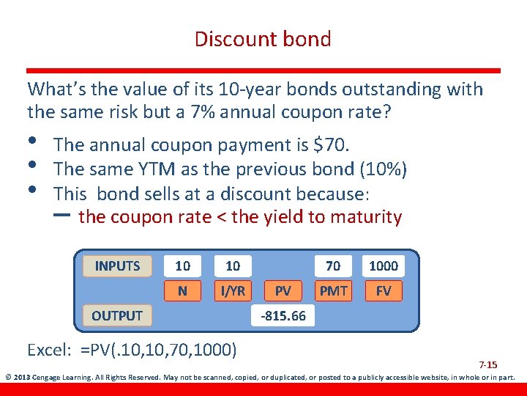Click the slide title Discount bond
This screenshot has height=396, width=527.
pyautogui.click(x=263, y=39)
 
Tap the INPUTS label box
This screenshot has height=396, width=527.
pyautogui.click(x=117, y=265)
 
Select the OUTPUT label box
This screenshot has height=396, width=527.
pyautogui.click(x=117, y=316)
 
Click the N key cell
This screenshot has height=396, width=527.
pyautogui.click(x=182, y=291)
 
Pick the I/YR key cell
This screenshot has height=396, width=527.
pyautogui.click(x=233, y=291)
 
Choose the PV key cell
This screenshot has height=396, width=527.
pyautogui.click(x=283, y=291)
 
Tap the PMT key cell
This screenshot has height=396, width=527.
pyautogui.click(x=333, y=291)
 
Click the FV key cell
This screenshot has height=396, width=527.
pyautogui.click(x=384, y=291)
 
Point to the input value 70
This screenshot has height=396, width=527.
pyautogui.click(x=333, y=265)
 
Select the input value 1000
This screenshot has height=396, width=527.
pyautogui.click(x=384, y=265)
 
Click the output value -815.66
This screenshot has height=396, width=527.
pyautogui.click(x=283, y=316)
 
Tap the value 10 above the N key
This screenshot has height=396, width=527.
pyautogui.click(x=182, y=265)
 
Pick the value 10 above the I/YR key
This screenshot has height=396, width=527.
pyautogui.click(x=233, y=265)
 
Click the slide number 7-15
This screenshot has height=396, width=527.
pyautogui.click(x=487, y=364)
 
